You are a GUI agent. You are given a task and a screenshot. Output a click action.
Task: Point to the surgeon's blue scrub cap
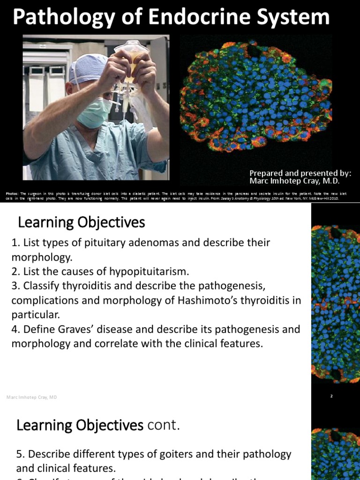click(87, 68)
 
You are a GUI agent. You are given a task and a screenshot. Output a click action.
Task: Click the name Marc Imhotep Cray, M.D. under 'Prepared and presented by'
click(294, 181)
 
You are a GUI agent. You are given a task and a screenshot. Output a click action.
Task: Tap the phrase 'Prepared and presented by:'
click(300, 172)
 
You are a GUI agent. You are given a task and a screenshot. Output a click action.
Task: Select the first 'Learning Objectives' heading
click(81, 222)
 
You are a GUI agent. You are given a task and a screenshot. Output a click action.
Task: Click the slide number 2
click(331, 396)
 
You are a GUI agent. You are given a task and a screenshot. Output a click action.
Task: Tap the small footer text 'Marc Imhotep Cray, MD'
click(32, 397)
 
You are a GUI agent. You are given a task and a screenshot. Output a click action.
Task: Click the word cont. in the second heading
click(164, 426)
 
